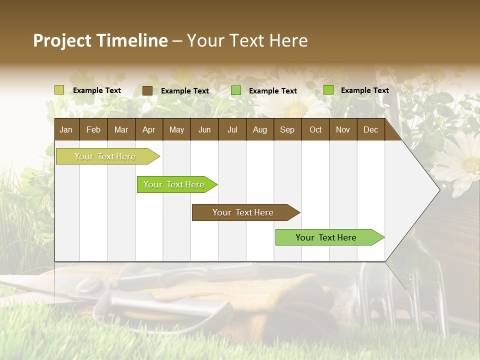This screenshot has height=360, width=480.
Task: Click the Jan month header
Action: (x=66, y=129)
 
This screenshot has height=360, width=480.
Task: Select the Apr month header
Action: (x=149, y=129)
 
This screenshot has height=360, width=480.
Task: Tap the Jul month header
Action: (x=232, y=129)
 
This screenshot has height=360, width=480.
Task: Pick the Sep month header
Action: (x=287, y=129)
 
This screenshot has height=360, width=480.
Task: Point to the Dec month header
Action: (x=370, y=129)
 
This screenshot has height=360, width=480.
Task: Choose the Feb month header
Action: (x=93, y=129)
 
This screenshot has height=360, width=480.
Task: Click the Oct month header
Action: (x=315, y=129)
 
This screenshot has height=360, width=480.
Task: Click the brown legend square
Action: (x=147, y=90)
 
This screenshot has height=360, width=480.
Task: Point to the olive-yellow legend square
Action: (x=59, y=90)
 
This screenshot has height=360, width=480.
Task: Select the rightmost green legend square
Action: (x=328, y=90)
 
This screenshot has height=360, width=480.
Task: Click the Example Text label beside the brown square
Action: (x=184, y=90)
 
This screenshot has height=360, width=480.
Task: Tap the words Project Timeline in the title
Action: (x=100, y=40)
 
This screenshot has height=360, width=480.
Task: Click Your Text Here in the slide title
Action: (x=247, y=40)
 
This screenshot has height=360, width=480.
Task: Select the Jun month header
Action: (x=204, y=129)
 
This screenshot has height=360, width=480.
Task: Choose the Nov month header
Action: (x=343, y=129)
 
